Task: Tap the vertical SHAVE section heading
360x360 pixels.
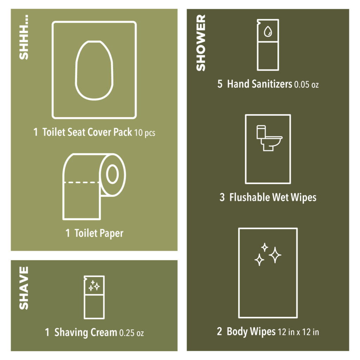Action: [x=24, y=288]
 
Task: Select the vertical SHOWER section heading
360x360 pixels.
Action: [x=201, y=43]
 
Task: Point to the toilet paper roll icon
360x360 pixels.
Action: [x=94, y=186]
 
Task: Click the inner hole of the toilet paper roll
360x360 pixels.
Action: [x=112, y=174]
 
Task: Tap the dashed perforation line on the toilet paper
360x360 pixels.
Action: [x=82, y=182]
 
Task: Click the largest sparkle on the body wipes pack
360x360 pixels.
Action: [x=275, y=255]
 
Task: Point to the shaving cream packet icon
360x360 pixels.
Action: [x=94, y=297]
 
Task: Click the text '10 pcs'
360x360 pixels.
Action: [x=145, y=133]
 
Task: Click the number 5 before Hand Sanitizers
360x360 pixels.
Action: [x=220, y=84]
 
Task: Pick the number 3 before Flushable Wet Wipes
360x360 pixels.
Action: [x=222, y=197]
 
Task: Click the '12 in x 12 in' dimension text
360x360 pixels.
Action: [x=298, y=332]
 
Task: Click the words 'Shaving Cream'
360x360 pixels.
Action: [x=85, y=332]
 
